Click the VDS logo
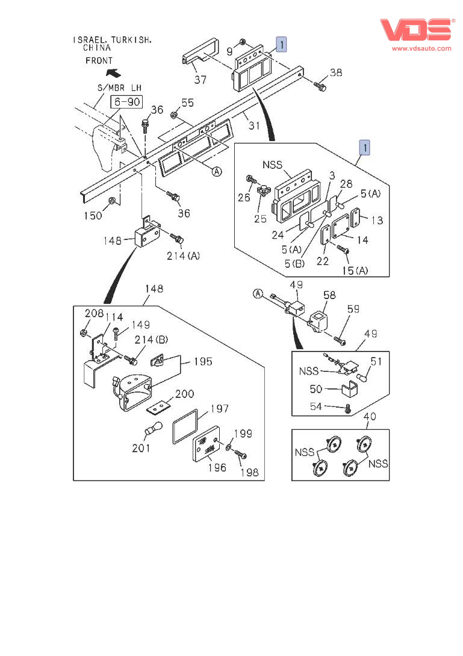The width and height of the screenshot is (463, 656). click(415, 30)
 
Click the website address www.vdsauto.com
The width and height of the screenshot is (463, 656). click(421, 48)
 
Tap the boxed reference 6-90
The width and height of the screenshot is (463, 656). click(125, 102)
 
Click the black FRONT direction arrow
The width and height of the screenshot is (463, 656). click(112, 73)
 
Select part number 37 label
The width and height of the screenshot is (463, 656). click(200, 80)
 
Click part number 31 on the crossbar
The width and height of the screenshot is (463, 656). click(254, 125)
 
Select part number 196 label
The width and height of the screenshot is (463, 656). click(217, 467)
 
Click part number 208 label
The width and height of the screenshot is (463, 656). click(93, 314)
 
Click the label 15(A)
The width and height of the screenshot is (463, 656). click(354, 271)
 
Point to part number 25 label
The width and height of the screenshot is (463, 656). click(260, 218)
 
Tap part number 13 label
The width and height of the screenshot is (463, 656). click(377, 220)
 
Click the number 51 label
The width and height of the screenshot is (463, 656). click(376, 362)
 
